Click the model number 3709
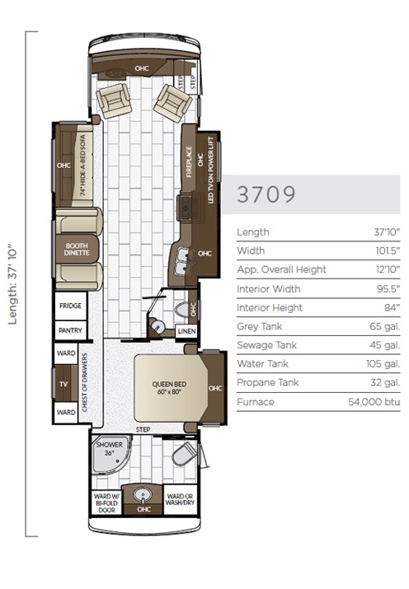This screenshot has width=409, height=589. coord(266,194)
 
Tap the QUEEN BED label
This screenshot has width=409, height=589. coord(167,387)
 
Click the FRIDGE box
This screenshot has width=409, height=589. coord(69,305)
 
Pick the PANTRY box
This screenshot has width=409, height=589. coord(69,330)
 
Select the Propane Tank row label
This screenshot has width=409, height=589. coord(266,383)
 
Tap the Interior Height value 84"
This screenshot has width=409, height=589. coord(391,307)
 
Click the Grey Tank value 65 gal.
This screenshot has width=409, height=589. coord(386,326)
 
